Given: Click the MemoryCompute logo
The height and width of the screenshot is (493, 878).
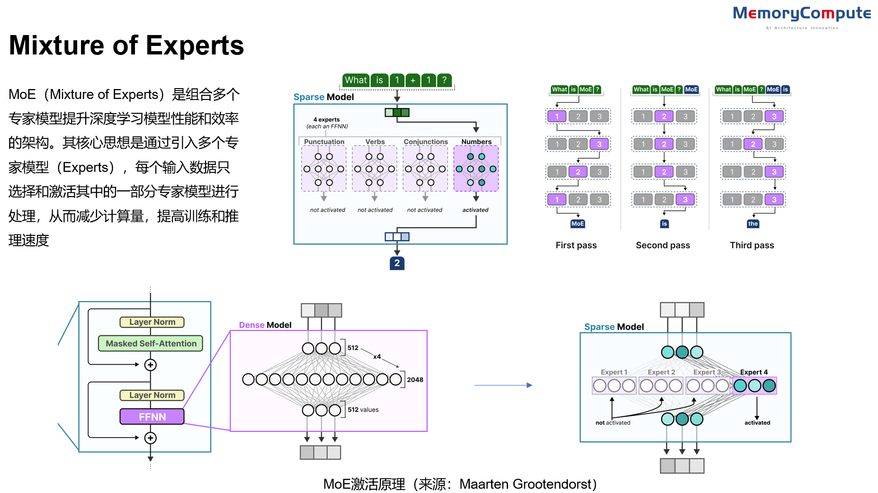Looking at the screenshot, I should click(801, 14).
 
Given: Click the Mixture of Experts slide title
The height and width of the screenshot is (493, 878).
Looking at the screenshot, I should click(126, 45).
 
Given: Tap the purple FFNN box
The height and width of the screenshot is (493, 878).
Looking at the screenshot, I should click(152, 417).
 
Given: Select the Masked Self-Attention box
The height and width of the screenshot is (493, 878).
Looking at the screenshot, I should click(151, 343).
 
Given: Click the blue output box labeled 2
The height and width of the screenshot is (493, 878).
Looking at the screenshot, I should click(397, 263).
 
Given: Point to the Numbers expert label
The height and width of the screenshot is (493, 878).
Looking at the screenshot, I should click(476, 142).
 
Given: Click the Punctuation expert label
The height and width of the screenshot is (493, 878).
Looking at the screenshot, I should click(324, 142).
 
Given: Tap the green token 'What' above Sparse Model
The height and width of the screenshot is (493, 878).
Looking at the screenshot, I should click(356, 80).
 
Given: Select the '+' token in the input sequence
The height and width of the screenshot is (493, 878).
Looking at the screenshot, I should click(413, 80).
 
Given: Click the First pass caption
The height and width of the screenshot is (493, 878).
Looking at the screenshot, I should click(576, 245).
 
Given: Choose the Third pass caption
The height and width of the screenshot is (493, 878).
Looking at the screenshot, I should click(752, 245).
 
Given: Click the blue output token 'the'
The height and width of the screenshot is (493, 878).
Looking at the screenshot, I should click(753, 224).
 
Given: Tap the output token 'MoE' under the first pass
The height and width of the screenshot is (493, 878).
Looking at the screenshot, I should click(577, 224).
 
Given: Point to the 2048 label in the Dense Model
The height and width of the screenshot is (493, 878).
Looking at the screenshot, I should click(415, 380).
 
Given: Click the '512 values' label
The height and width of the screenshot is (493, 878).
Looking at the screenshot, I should click(363, 410).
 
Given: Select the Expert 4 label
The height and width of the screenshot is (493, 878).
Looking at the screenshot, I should click(753, 372).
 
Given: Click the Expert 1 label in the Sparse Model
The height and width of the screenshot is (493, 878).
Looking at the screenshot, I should click(614, 372).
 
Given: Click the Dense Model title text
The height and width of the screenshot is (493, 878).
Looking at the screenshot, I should click(265, 325).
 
